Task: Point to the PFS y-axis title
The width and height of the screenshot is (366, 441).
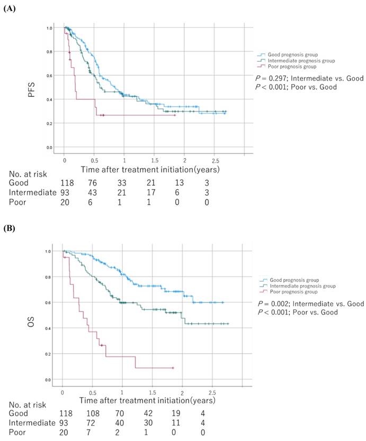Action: [x=32, y=89]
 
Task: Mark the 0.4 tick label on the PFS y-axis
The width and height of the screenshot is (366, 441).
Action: [x=49, y=99]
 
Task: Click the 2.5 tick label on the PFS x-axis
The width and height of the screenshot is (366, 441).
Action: [x=215, y=159]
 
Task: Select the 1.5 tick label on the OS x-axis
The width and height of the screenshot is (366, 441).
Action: [x=153, y=393]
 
